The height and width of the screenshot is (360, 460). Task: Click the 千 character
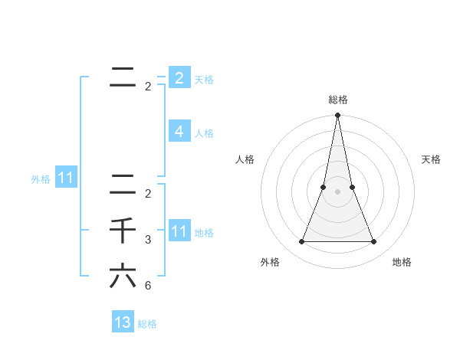pos(123,230)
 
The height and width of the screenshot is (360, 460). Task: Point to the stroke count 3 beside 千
pos(148,240)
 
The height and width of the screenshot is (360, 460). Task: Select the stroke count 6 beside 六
pos(148,286)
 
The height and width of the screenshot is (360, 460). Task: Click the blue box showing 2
pos(179,77)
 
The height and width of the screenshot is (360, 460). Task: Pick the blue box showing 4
pos(179,131)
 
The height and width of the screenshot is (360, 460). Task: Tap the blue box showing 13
pos(123,322)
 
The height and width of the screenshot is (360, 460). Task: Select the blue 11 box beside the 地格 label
pos(179,231)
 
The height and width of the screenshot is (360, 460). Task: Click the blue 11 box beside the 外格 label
pos(65,178)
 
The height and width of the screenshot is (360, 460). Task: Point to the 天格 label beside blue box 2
pos(204,79)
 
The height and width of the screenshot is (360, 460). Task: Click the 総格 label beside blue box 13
pos(148,324)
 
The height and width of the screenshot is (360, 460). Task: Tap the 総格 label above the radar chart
pos(337,100)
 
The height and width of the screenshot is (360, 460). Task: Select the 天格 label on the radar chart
pos(432,159)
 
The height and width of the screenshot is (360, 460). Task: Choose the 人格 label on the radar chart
pos(245,159)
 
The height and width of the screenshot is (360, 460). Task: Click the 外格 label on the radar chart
pos(270,262)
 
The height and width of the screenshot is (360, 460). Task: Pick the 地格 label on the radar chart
pos(402,262)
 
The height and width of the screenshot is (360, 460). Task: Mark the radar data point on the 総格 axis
pos(337,116)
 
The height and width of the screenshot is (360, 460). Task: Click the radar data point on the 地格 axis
pos(374,242)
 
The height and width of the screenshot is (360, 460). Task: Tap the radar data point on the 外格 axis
pos(301,242)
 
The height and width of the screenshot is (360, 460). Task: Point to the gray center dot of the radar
pos(337,191)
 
